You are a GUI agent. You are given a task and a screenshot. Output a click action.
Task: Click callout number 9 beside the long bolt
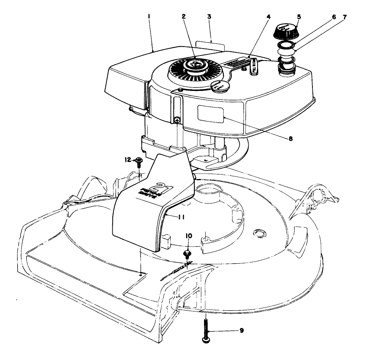pyautogui.click(x=241, y=330)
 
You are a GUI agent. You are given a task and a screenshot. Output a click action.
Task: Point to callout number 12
pyautogui.click(x=127, y=160)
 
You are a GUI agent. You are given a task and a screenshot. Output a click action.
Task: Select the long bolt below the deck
pyautogui.click(x=206, y=330)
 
